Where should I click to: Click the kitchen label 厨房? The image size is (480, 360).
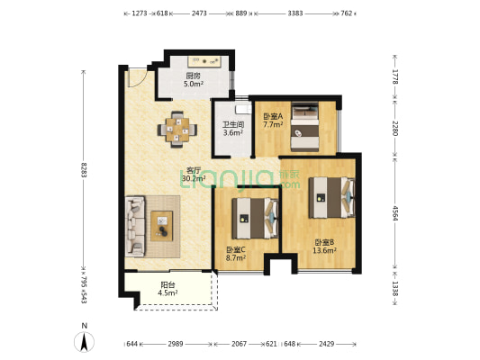click(193, 76)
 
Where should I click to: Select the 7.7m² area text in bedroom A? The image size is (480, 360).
click(273, 124)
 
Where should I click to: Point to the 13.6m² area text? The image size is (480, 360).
click(324, 251)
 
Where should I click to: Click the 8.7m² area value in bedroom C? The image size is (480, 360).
click(236, 257)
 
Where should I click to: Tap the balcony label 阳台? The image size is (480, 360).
click(168, 285)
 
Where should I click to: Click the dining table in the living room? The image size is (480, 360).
click(177, 130)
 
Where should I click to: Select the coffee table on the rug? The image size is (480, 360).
click(162, 226)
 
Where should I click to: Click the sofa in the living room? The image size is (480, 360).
click(135, 226)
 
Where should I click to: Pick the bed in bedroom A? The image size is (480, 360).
click(305, 127)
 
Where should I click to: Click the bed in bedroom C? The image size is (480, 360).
click(255, 219)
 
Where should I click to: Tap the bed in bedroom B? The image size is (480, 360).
click(331, 198)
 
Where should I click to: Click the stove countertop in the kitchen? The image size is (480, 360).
click(204, 61)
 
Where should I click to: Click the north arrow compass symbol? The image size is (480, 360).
click(84, 341)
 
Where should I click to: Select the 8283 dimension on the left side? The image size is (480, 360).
click(84, 170)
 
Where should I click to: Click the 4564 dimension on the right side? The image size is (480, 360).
click(395, 213)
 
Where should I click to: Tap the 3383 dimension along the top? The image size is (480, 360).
click(295, 13)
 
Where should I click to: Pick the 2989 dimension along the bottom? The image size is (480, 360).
click(176, 344)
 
